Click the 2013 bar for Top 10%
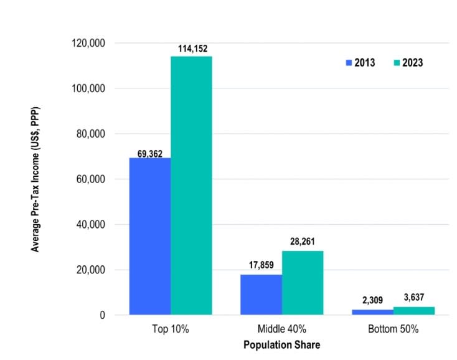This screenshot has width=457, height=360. [x=150, y=236]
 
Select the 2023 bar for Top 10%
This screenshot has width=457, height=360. [x=191, y=186]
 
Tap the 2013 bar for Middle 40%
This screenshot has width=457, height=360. [x=261, y=295]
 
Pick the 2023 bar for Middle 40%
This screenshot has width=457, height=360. [x=302, y=283]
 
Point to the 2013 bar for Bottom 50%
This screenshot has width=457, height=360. [x=372, y=312]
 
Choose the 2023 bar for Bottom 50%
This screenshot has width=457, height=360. [x=413, y=311]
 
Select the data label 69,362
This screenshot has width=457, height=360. [x=150, y=153]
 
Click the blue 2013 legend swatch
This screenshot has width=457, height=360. [x=349, y=63]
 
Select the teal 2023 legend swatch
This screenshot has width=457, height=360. [x=397, y=63]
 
